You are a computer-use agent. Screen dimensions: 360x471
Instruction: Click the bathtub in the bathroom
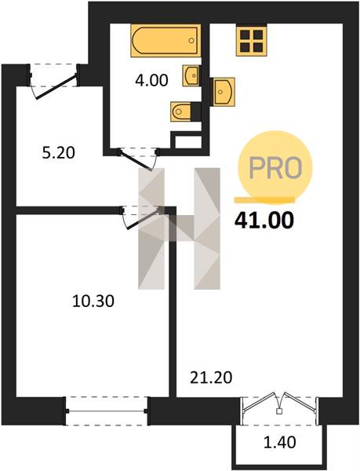click(165, 41)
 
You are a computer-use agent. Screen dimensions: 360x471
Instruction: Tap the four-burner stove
click(252, 41)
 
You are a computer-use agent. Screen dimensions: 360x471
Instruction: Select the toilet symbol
click(181, 111)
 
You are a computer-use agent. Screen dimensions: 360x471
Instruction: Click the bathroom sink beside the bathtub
click(191, 75)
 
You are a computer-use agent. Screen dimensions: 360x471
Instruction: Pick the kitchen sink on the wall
click(224, 92)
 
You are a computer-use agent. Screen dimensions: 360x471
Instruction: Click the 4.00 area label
click(151, 81)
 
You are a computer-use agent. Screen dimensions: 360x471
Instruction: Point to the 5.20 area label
click(58, 153)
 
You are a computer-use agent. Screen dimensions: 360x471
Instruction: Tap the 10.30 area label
click(93, 301)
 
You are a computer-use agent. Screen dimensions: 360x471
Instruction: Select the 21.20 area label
click(211, 378)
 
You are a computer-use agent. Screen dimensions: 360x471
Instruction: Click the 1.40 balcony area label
click(279, 442)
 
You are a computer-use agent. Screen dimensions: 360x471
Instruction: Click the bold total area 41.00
click(264, 221)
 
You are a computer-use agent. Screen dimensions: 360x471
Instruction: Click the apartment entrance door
click(53, 81)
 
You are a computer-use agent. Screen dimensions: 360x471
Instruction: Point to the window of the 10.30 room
click(107, 411)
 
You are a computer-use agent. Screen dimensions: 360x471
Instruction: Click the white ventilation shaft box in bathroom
click(187, 141)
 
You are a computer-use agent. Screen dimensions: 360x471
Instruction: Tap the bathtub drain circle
click(191, 40)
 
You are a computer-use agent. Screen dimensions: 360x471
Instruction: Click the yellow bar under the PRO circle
click(264, 200)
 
